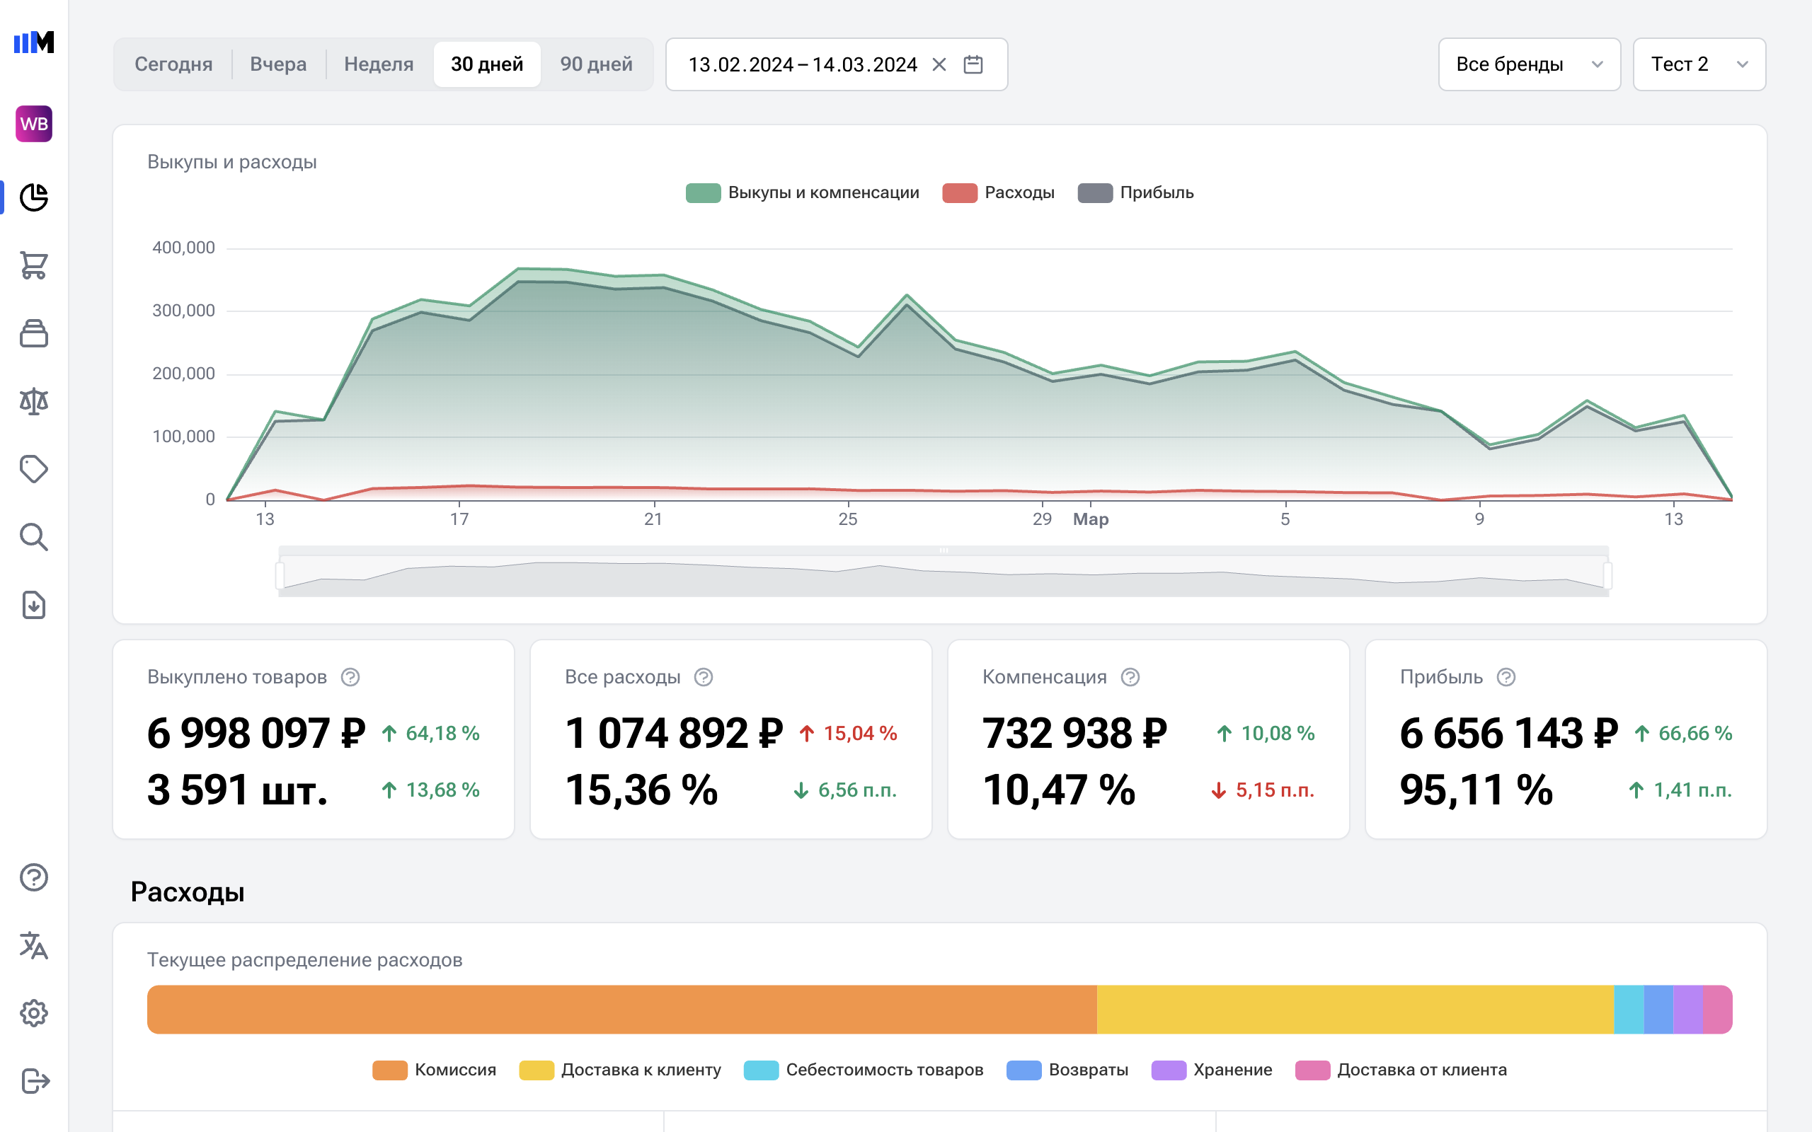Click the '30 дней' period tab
487,64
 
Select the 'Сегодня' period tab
173,64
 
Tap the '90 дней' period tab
596,64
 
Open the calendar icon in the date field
973,64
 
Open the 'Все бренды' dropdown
1528,64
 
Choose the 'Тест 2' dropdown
1698,64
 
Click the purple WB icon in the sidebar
34,124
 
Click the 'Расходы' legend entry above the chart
998,193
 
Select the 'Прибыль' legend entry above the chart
1135,193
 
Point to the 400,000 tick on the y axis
183,248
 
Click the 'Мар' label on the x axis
1090,519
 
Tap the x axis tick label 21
653,519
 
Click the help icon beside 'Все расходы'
703,678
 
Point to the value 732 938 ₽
1074,733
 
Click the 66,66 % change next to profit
1695,734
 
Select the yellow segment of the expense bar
1354,1009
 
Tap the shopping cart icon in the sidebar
34,265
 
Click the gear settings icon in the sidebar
34,1013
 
